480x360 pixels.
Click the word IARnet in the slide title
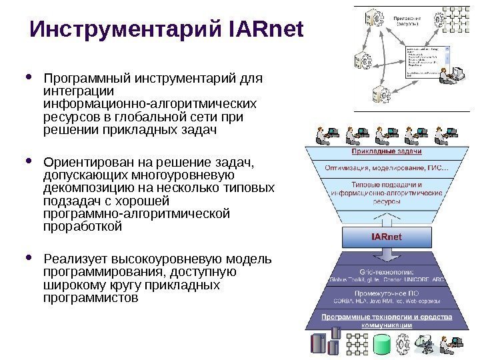pos(266,30)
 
